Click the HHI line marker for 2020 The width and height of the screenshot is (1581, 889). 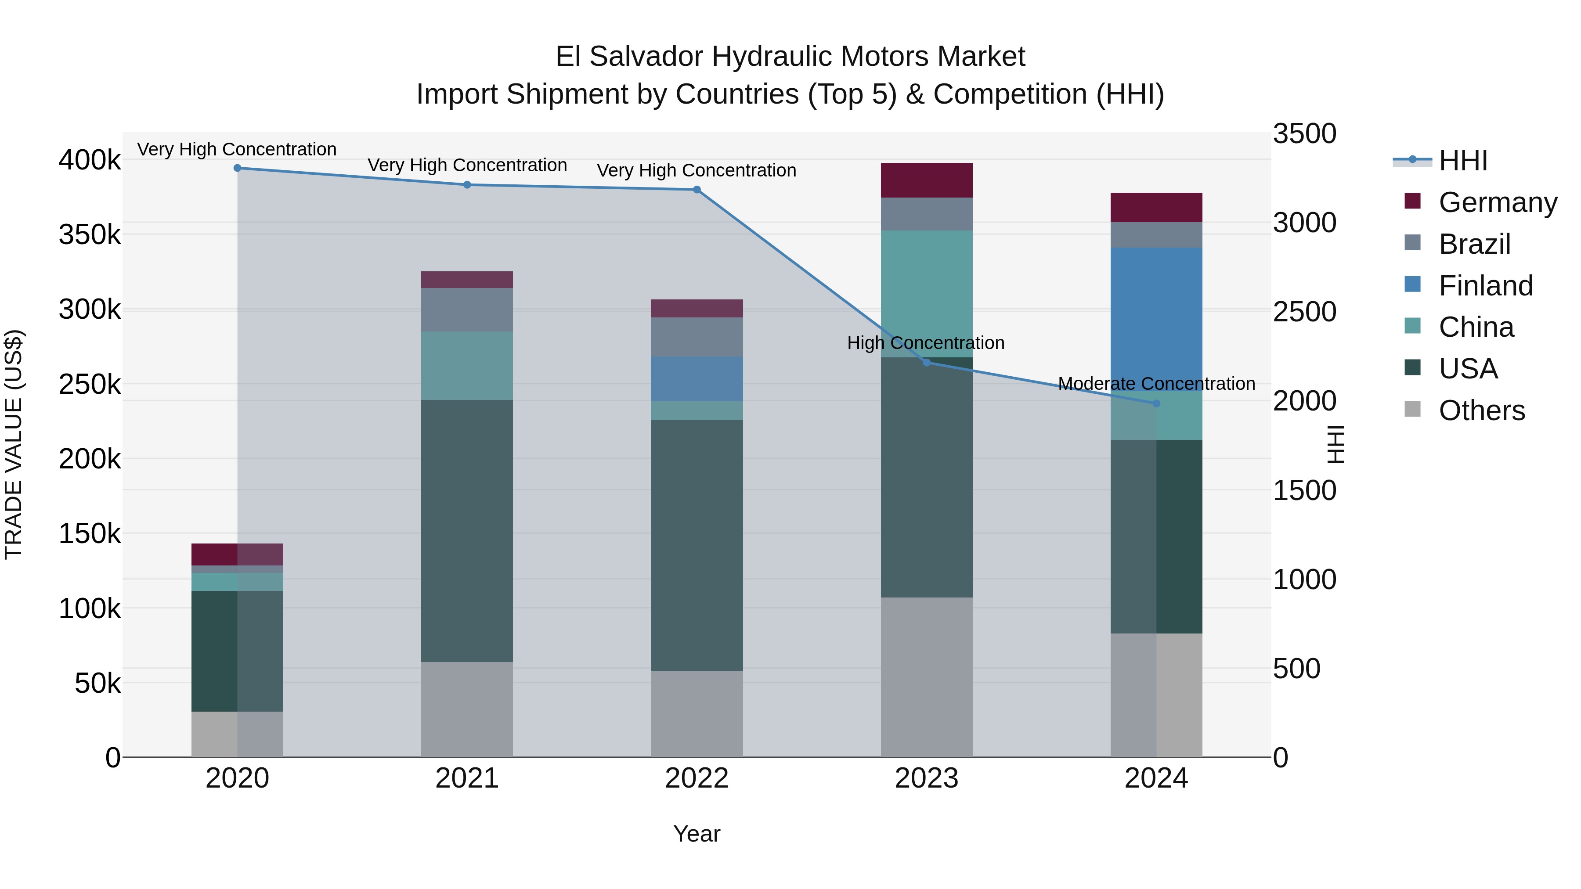tap(238, 168)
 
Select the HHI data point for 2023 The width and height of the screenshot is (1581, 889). tap(927, 363)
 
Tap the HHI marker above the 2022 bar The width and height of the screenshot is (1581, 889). tap(697, 190)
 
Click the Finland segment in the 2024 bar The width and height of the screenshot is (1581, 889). tap(1156, 319)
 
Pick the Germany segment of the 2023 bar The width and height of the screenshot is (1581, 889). tap(927, 180)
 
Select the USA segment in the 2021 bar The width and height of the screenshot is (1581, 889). tap(467, 531)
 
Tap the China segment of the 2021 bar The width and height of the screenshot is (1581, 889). tap(467, 366)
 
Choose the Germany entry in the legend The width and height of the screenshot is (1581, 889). tap(1498, 202)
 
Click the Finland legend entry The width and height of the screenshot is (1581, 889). tap(1485, 286)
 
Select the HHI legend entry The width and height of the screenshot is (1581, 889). tap(1463, 161)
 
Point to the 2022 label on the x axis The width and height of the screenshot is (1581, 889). tap(697, 778)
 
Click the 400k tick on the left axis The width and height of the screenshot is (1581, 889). tap(90, 160)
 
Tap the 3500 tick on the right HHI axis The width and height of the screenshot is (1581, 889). tap(1304, 134)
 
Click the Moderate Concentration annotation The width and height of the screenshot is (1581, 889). tap(1156, 383)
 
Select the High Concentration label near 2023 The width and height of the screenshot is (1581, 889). tap(925, 343)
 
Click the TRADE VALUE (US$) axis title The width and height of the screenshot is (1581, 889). tap(14, 444)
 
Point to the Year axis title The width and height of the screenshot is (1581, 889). tap(697, 834)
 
